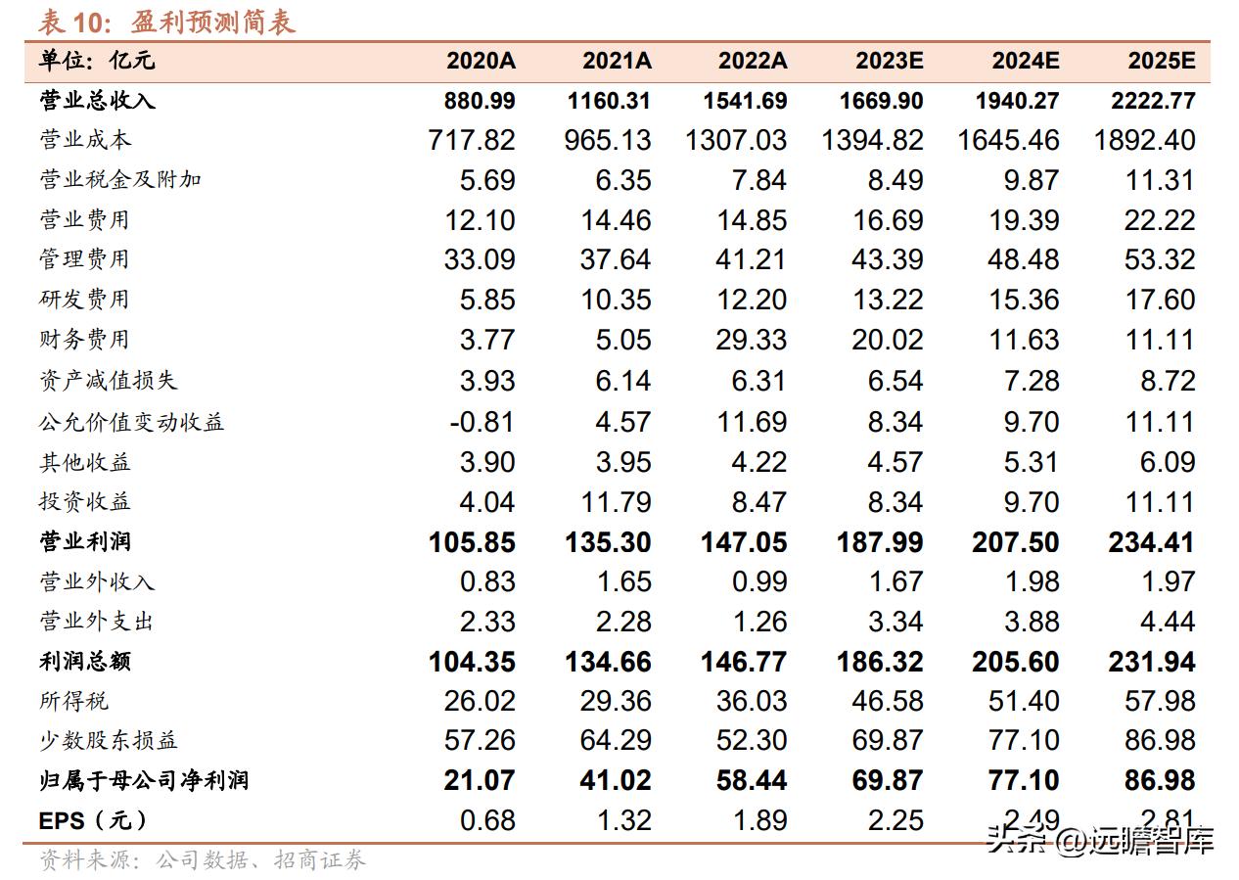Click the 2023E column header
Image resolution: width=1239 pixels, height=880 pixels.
pyautogui.click(x=889, y=61)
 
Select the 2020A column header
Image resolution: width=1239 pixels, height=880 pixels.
pyautogui.click(x=481, y=61)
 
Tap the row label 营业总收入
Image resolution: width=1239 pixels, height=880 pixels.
pyautogui.click(x=97, y=101)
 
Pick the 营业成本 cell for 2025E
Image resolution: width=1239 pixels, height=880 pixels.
pyautogui.click(x=1145, y=140)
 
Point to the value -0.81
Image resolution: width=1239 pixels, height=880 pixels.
pyautogui.click(x=482, y=422)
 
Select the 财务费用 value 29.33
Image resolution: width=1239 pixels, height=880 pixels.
pyautogui.click(x=752, y=340)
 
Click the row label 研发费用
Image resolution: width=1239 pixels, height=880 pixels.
pyautogui.click(x=84, y=300)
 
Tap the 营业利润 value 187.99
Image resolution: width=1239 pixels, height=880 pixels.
pyautogui.click(x=880, y=542)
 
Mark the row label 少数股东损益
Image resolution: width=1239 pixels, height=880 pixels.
pyautogui.click(x=109, y=741)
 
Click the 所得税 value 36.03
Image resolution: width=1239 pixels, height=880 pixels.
pyautogui.click(x=752, y=701)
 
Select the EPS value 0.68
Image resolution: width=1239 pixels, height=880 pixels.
pyautogui.click(x=487, y=820)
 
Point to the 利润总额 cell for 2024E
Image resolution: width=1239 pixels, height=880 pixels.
pyautogui.click(x=1015, y=662)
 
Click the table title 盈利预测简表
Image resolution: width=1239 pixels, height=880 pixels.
pyautogui.click(x=212, y=21)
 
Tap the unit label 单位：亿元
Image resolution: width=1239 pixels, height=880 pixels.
pyautogui.click(x=97, y=61)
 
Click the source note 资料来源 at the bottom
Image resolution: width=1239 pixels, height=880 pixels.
pyautogui.click(x=202, y=861)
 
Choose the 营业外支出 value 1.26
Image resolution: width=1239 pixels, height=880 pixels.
pyautogui.click(x=758, y=622)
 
